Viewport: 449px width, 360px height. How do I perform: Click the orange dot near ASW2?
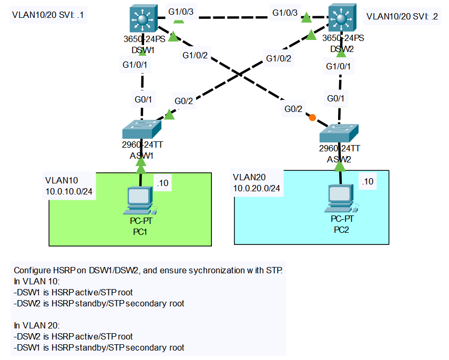click(312, 118)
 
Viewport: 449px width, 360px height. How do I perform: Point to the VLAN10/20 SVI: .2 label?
click(402, 16)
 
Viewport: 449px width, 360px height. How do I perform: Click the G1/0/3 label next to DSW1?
click(180, 12)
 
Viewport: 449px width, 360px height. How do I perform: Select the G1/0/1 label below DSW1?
click(135, 65)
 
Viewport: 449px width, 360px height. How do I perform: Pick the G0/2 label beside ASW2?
click(293, 109)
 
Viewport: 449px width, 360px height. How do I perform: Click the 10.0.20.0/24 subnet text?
click(257, 188)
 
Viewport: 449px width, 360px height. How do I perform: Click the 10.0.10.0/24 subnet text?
click(69, 192)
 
